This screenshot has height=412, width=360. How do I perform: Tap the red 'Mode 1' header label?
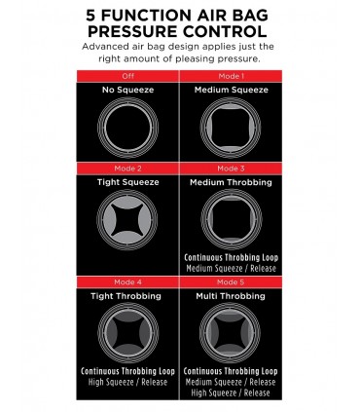231,75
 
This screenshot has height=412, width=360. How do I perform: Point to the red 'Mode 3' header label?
231,169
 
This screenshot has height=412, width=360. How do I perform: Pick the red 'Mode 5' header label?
231,281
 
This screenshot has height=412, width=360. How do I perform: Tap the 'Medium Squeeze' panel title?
231,91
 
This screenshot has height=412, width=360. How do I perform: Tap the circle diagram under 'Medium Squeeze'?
231,127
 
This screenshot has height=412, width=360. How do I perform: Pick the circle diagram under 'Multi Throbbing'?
231,333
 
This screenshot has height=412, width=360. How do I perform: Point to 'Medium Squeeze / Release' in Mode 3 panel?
231,270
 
